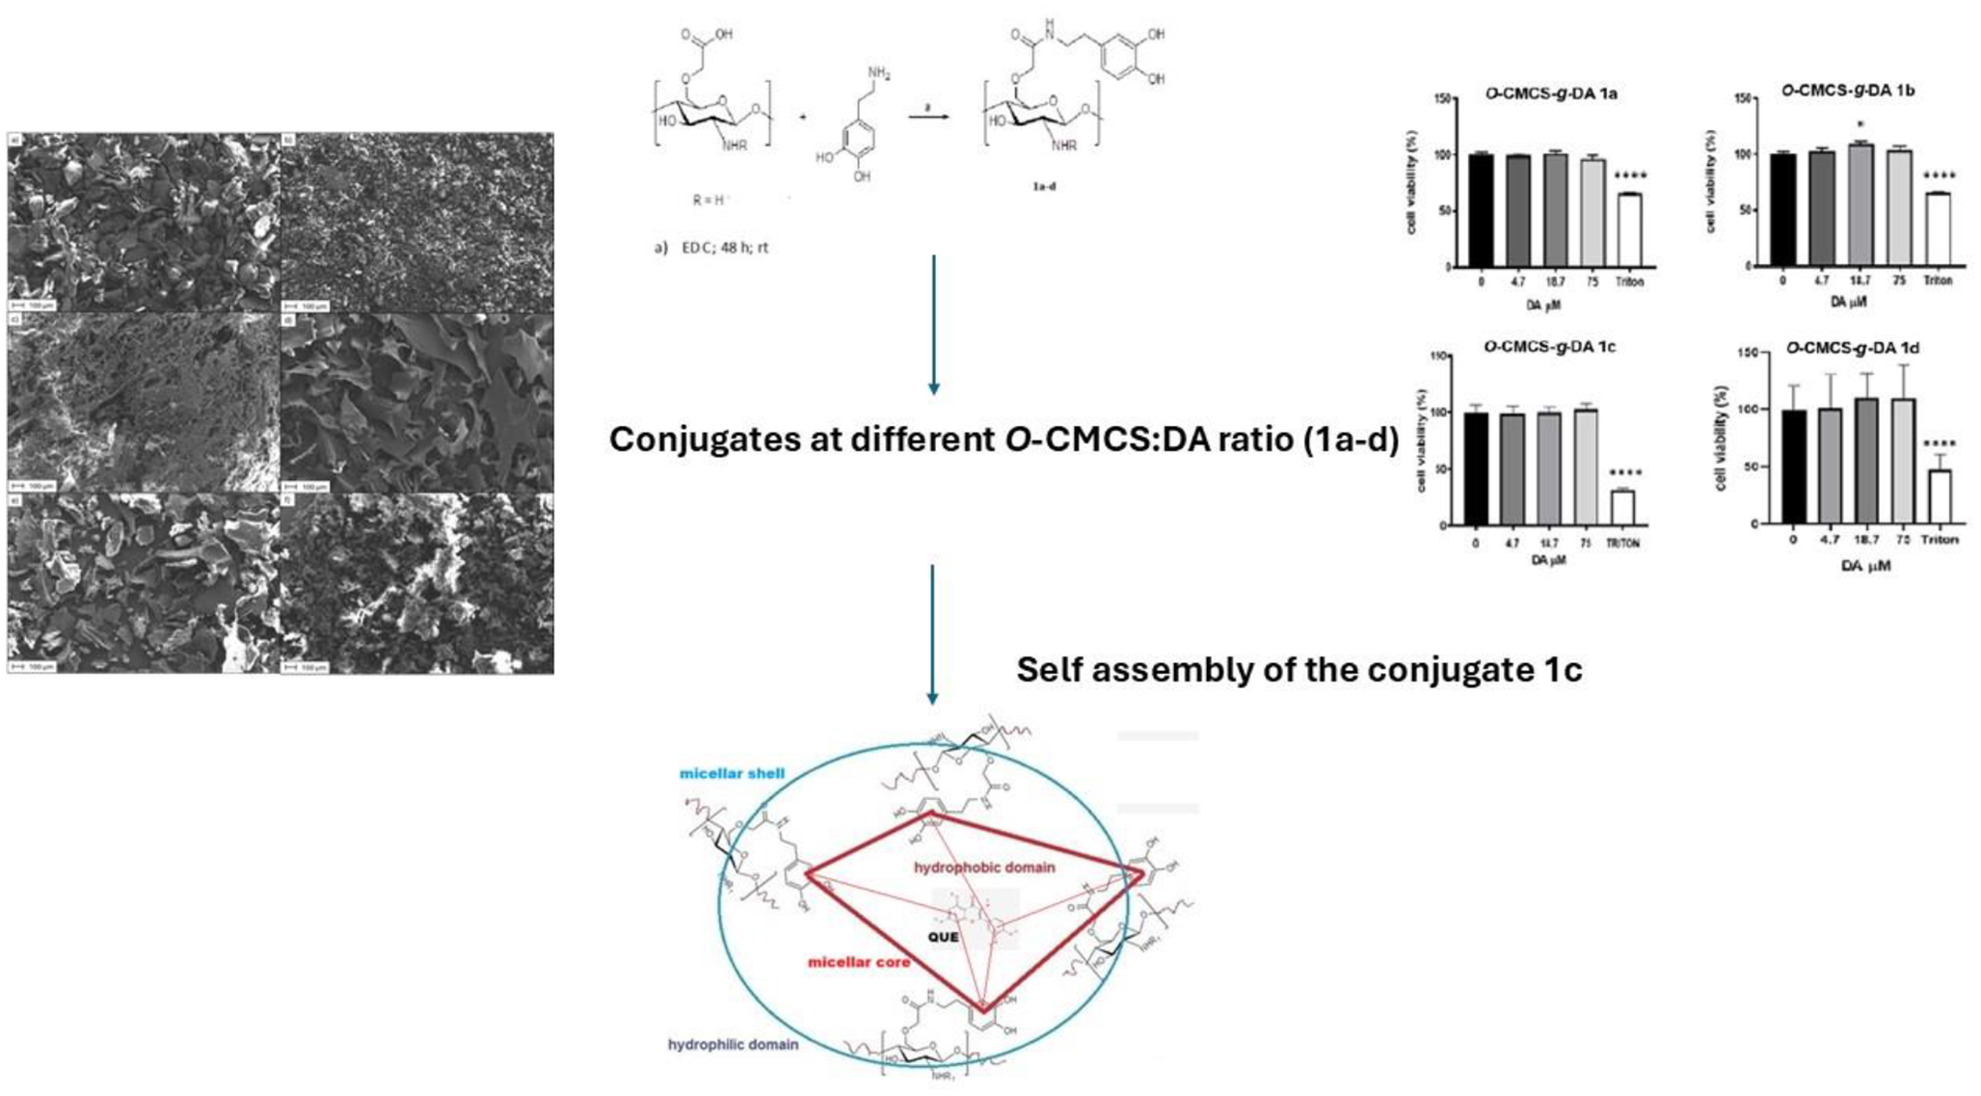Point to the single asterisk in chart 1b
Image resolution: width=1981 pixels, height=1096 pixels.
[x=1860, y=125]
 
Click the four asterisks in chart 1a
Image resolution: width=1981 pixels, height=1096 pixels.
[x=1630, y=176]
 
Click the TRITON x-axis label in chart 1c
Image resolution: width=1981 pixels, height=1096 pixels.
[x=1622, y=544]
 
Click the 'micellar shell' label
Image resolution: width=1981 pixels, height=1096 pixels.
[x=732, y=773]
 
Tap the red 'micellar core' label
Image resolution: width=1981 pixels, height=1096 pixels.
[x=859, y=962]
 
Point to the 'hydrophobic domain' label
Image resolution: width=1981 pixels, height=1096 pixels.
[x=984, y=868]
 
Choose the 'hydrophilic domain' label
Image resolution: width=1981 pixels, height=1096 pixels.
[x=733, y=1044]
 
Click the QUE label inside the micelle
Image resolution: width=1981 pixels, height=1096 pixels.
[x=943, y=937]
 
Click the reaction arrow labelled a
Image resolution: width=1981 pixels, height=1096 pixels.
[x=928, y=117]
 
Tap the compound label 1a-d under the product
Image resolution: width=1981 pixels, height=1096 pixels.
[x=1044, y=186]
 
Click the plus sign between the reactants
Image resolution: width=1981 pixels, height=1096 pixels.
[x=802, y=118]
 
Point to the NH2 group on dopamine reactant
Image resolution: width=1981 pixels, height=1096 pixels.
[x=878, y=73]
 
